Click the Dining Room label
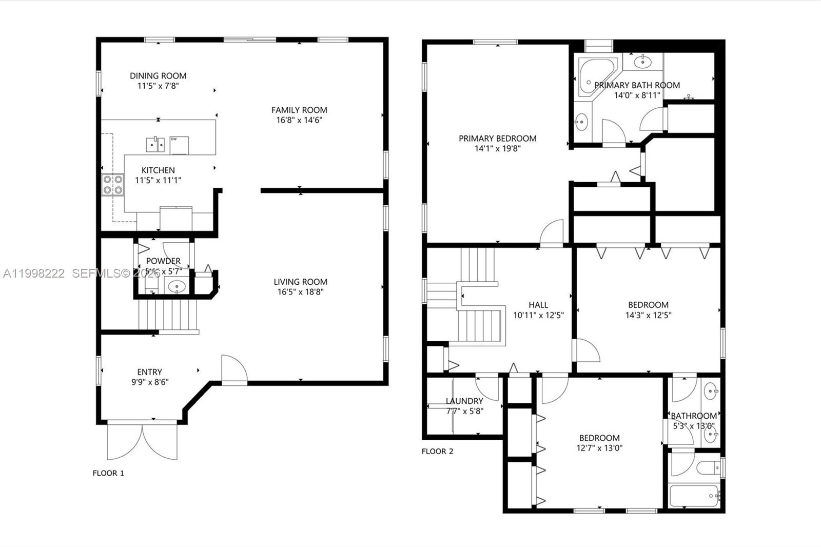pyautogui.click(x=158, y=76)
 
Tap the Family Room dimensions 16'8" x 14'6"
pyautogui.click(x=299, y=120)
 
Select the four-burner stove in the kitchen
pyautogui.click(x=113, y=185)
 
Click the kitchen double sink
pyautogui.click(x=155, y=145)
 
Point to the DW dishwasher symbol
pyautogui.click(x=179, y=145)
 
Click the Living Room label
pyautogui.click(x=300, y=282)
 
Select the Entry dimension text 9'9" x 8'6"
pyautogui.click(x=150, y=382)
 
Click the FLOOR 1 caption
pyautogui.click(x=108, y=473)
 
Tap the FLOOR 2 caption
pyautogui.click(x=438, y=452)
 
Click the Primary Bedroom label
pyautogui.click(x=497, y=138)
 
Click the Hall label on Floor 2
pyautogui.click(x=538, y=305)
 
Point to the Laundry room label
pyautogui.click(x=464, y=401)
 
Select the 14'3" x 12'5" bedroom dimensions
pyautogui.click(x=648, y=316)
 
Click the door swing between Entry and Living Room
pyautogui.click(x=233, y=369)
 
